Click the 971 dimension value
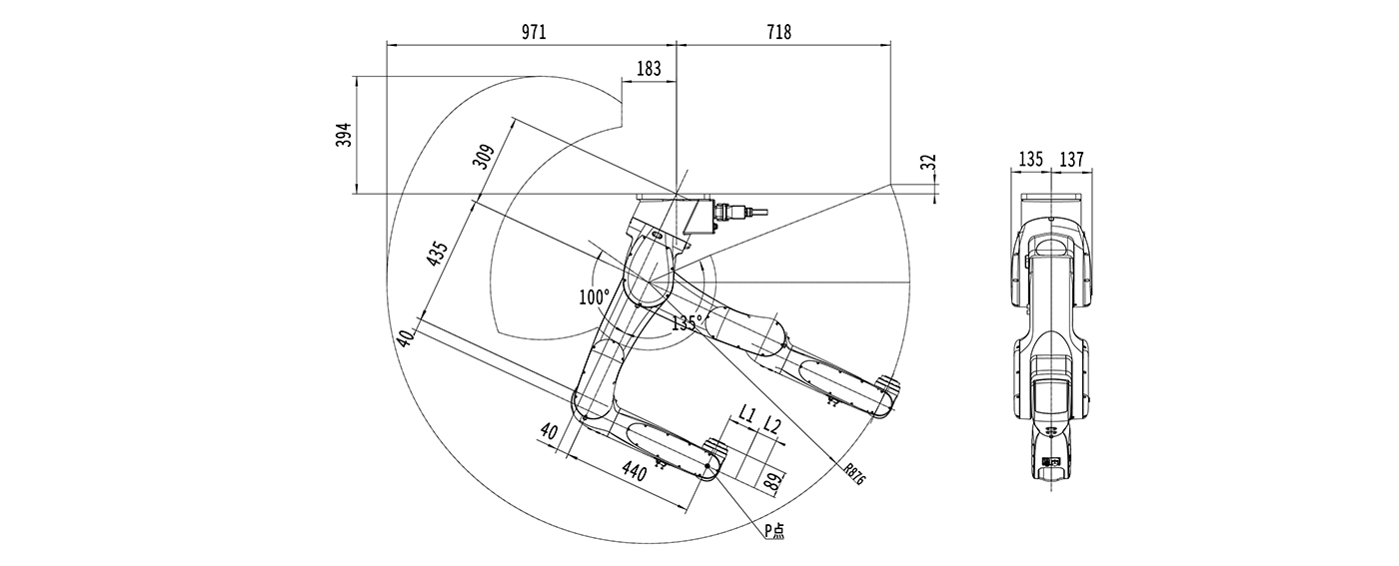tap(534, 32)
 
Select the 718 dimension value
tap(778, 32)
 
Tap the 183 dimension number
tap(649, 68)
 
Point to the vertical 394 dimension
tap(344, 135)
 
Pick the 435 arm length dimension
tap(437, 254)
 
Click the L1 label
tap(746, 412)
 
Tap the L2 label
tap(771, 425)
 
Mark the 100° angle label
tap(594, 296)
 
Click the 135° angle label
tap(687, 322)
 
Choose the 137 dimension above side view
tap(1071, 159)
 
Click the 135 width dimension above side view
tap(1031, 159)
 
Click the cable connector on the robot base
tap(734, 213)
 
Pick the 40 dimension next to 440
tap(549, 431)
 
